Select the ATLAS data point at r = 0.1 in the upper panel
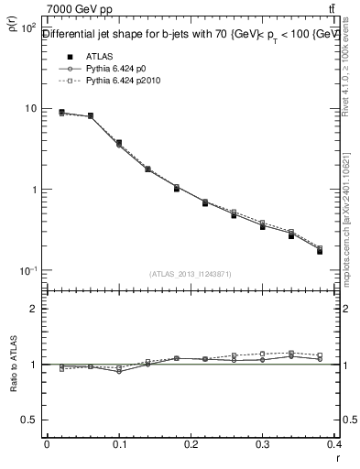118,143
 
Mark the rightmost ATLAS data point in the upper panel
320,251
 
